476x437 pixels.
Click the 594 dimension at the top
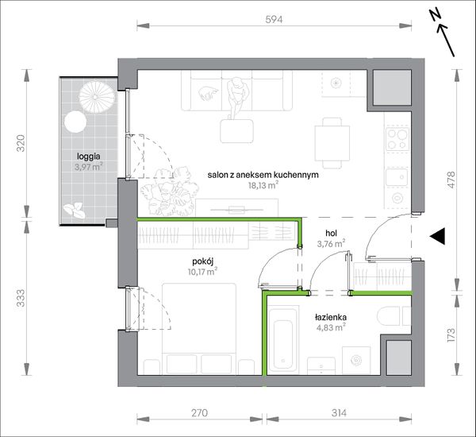click(274, 19)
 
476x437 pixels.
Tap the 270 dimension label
click(199, 413)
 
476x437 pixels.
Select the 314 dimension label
click(339, 413)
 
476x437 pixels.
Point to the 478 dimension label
click(451, 180)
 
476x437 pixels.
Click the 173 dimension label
click(451, 335)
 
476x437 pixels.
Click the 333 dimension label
click(21, 298)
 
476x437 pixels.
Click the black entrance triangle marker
click(437, 236)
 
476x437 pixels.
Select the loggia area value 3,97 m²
click(89, 166)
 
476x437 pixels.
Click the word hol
click(331, 234)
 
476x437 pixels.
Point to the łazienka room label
click(331, 317)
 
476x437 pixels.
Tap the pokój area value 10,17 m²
click(202, 271)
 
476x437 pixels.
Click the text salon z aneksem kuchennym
click(263, 175)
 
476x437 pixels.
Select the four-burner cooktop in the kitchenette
click(397, 139)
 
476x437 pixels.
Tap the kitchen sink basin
click(397, 177)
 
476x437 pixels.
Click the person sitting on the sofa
click(238, 97)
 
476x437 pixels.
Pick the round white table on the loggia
click(75, 122)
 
